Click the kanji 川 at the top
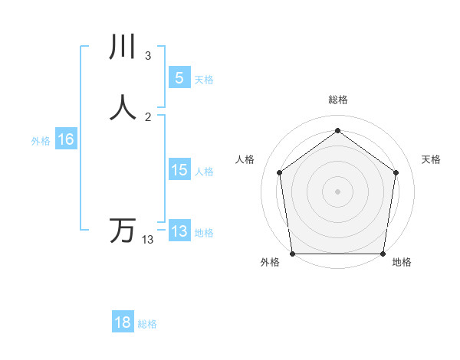pyautogui.click(x=123, y=47)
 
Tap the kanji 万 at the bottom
pyautogui.click(x=123, y=230)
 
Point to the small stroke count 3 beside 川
pyautogui.click(x=148, y=56)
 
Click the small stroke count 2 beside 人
pyautogui.click(x=148, y=117)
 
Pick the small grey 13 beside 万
pyautogui.click(x=148, y=240)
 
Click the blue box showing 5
pyautogui.click(x=179, y=77)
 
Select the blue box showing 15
pyautogui.click(x=179, y=170)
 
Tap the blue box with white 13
pyautogui.click(x=179, y=231)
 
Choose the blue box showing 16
pyautogui.click(x=65, y=139)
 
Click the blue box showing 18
pyautogui.click(x=123, y=322)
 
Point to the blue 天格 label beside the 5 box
pyautogui.click(x=204, y=80)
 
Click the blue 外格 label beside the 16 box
pyautogui.click(x=41, y=141)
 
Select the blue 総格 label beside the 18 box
pyautogui.click(x=147, y=324)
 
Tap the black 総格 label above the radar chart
pyautogui.click(x=337, y=100)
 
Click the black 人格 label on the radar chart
pyautogui.click(x=245, y=159)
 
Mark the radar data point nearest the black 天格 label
pyautogui.click(x=396, y=172)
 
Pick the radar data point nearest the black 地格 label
pyautogui.click(x=383, y=254)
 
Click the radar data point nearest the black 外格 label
pyautogui.click(x=292, y=254)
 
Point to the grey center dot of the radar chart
pyautogui.click(x=337, y=191)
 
